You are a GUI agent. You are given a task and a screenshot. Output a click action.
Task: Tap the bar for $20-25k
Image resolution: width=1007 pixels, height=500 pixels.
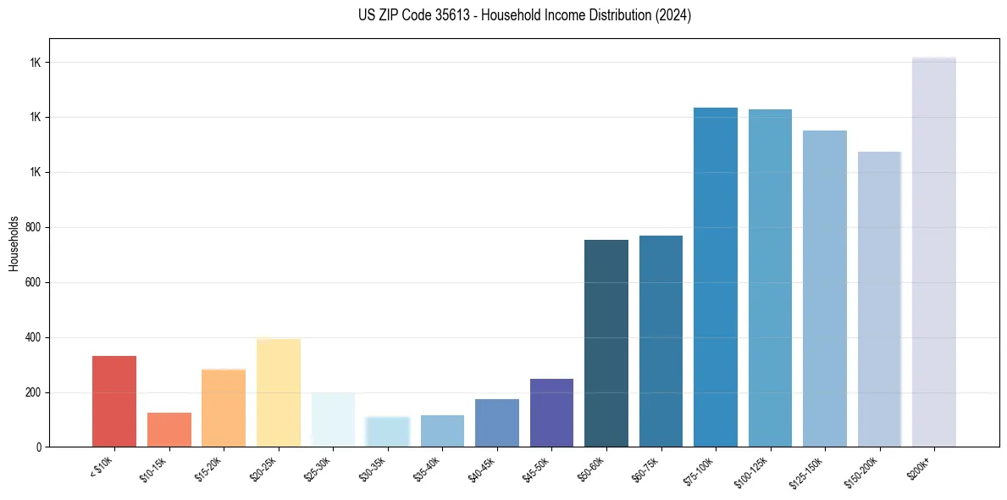coord(279,392)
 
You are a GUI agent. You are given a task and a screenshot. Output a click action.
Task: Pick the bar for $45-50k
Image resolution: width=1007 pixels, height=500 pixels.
coord(551,413)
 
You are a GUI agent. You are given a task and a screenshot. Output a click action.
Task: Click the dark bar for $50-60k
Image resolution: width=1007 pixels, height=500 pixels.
coord(606,343)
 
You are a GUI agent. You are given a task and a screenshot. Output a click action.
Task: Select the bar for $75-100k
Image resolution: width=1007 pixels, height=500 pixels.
coord(716,277)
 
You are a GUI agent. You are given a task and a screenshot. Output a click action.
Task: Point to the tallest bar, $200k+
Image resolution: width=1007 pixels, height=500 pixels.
coord(934,252)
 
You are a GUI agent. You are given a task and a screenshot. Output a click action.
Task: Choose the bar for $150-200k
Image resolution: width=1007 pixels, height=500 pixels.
coord(879,299)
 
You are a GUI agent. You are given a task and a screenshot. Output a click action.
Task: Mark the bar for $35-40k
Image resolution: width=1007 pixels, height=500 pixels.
coord(442,431)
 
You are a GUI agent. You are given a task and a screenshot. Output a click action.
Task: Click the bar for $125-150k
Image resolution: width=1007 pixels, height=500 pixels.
coord(825,288)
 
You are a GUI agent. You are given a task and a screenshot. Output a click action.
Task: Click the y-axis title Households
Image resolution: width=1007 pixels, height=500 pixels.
coord(14,242)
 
